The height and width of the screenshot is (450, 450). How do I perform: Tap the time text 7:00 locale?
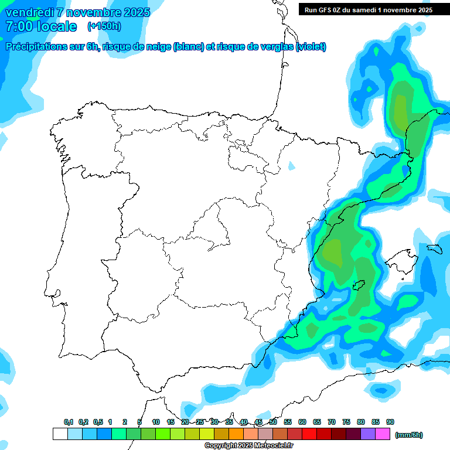pyautogui.click(x=41, y=26)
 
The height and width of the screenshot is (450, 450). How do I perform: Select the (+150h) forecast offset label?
pyautogui.click(x=104, y=26)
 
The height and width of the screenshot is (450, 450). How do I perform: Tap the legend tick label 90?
pyautogui.click(x=390, y=422)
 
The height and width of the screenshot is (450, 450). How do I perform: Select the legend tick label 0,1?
pyautogui.click(x=69, y=422)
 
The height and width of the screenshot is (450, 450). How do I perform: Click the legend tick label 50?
pyautogui.click(x=273, y=422)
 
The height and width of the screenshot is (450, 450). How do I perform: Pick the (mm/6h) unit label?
pyautogui.click(x=409, y=435)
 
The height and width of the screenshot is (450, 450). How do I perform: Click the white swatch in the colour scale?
pyautogui.click(x=60, y=434)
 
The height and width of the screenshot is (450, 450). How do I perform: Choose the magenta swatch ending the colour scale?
pyautogui.click(x=383, y=434)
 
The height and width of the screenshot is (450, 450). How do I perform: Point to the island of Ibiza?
pyautogui.click(x=359, y=286)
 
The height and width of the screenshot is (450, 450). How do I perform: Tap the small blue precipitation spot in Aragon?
pyautogui.click(x=291, y=166)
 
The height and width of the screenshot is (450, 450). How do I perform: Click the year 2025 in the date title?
pyautogui.click(x=137, y=12)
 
